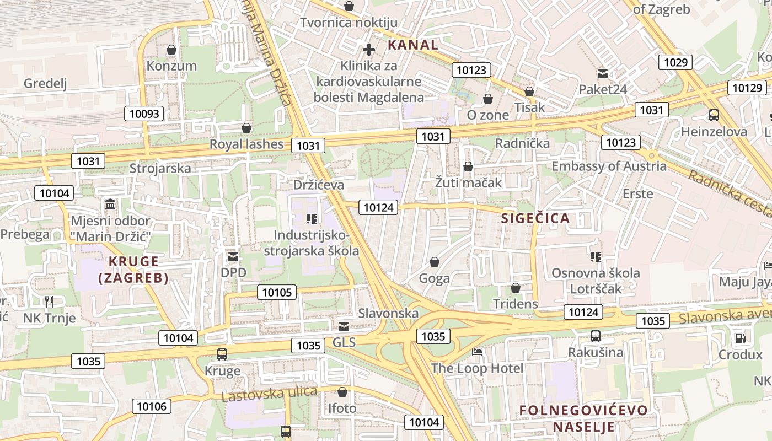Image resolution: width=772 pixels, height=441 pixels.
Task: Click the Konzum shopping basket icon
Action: click(171, 50)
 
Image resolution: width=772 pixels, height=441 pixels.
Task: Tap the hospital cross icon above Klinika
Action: click(369, 50)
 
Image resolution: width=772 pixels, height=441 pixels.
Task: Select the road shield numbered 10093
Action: click(144, 114)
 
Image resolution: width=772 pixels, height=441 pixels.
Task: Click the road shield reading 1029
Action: click(675, 62)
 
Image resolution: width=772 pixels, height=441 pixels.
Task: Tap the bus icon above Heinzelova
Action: click(714, 115)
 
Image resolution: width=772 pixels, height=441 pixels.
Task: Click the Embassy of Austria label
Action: click(609, 166)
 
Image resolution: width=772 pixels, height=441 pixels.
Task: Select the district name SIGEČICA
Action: click(535, 218)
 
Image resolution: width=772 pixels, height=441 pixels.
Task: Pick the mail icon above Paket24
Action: click(602, 73)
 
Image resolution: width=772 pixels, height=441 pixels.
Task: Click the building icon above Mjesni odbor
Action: click(110, 205)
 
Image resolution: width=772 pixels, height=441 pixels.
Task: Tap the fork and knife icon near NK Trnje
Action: click(49, 302)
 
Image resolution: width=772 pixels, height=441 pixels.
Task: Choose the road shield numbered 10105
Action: click(277, 292)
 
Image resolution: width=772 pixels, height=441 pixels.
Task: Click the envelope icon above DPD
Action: click(233, 256)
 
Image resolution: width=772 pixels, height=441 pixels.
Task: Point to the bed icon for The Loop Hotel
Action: click(477, 352)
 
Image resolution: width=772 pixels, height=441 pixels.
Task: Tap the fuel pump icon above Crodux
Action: click(740, 338)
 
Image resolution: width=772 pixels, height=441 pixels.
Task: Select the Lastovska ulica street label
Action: click(269, 394)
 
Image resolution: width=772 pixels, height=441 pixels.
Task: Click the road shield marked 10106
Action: click(151, 407)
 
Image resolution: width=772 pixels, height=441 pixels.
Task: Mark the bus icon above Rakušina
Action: click(596, 336)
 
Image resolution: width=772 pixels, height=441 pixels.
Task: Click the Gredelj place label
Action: click(45, 84)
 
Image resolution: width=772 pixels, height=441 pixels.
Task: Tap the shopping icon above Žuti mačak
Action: click(468, 166)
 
